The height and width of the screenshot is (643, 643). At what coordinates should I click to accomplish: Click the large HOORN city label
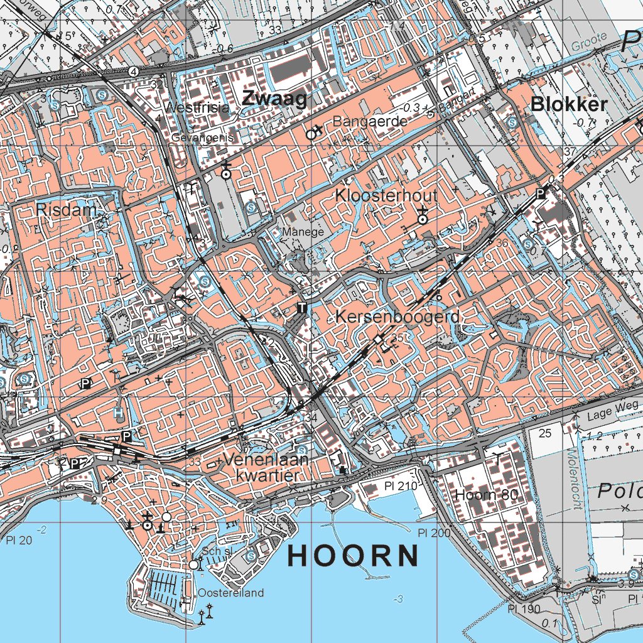pyautogui.click(x=354, y=556)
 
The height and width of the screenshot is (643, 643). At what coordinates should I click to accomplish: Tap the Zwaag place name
pyautogui.click(x=274, y=99)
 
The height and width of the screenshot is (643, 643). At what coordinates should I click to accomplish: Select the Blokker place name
pyautogui.click(x=569, y=105)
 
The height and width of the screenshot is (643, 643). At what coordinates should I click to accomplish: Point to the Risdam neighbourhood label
pyautogui.click(x=66, y=210)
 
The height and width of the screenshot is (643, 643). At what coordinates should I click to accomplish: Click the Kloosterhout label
pyautogui.click(x=386, y=195)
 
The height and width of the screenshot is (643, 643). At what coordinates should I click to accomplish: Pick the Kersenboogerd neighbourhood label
pyautogui.click(x=397, y=317)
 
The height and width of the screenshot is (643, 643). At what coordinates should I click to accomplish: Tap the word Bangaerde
pyautogui.click(x=370, y=121)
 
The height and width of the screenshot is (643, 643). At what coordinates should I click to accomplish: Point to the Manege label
pyautogui.click(x=303, y=232)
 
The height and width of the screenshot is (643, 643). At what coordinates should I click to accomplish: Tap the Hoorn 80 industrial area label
pyautogui.click(x=487, y=494)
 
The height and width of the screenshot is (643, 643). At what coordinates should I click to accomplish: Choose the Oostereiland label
pyautogui.click(x=231, y=593)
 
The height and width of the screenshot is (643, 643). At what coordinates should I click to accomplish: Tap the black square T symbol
pyautogui.click(x=301, y=307)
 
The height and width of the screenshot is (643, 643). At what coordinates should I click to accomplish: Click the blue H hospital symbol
pyautogui.click(x=118, y=413)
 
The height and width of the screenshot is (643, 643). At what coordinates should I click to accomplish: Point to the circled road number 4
pyautogui.click(x=133, y=72)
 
